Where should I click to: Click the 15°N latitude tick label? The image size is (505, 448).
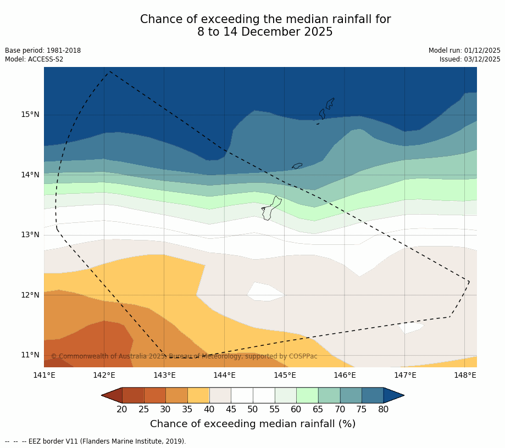pyautogui.click(x=30, y=115)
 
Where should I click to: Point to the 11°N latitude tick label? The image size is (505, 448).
pyautogui.click(x=30, y=355)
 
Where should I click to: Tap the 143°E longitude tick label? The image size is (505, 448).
pyautogui.click(x=164, y=376)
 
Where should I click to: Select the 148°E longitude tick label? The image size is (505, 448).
pyautogui.click(x=465, y=376)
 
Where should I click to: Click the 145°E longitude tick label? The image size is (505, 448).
pyautogui.click(x=285, y=376)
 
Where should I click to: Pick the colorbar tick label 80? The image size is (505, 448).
pyautogui.click(x=383, y=409)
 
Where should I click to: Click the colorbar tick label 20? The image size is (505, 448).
pyautogui.click(x=122, y=409)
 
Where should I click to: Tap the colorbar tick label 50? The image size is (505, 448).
pyautogui.click(x=252, y=409)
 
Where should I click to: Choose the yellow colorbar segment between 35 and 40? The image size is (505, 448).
pyautogui.click(x=198, y=395)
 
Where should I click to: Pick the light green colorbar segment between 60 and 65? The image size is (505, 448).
pyautogui.click(x=307, y=395)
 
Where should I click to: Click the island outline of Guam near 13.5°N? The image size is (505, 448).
pyautogui.click(x=271, y=209)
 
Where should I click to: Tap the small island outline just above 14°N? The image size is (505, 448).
pyautogui.click(x=297, y=166)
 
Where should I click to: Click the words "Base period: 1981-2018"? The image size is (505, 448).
pyautogui.click(x=43, y=51)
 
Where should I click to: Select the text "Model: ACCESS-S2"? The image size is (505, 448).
pyautogui.click(x=34, y=59)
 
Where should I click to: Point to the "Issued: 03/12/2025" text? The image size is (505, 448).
pyautogui.click(x=470, y=59)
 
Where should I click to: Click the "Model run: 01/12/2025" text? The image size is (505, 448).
pyautogui.click(x=464, y=51)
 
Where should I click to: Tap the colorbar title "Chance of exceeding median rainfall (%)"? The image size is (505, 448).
pyautogui.click(x=253, y=424)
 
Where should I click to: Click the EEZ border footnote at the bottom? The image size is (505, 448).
pyautogui.click(x=96, y=441)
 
